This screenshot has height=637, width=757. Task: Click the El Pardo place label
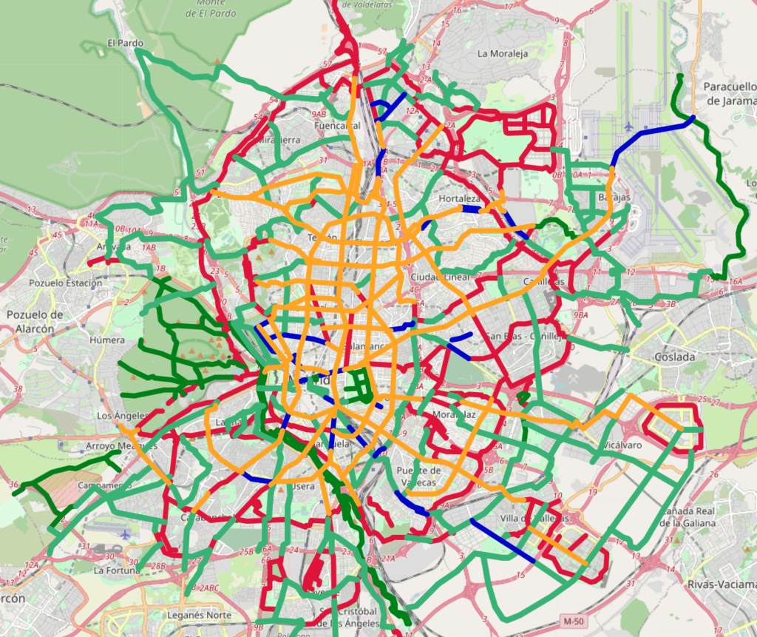(125, 43)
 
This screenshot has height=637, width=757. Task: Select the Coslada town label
(674, 357)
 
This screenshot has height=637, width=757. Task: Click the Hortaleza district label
(459, 199)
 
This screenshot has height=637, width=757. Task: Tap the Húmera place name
(103, 340)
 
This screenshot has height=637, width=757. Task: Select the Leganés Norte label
(200, 615)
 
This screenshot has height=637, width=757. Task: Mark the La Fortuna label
(116, 570)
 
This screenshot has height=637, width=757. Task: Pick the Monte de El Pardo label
(215, 8)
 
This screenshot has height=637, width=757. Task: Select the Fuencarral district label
(336, 126)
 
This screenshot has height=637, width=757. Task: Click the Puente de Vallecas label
(418, 476)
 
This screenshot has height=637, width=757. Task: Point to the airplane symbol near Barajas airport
(628, 125)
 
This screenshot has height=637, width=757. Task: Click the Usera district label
(303, 486)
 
